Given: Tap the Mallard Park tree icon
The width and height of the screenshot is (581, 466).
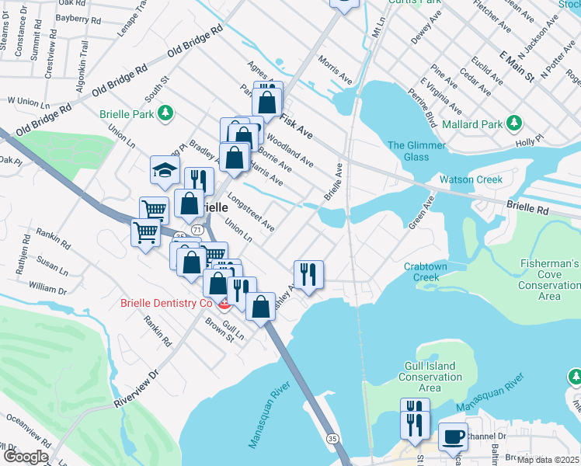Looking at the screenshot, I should point(513,123).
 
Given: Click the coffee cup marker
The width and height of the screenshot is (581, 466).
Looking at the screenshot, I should point(453,436).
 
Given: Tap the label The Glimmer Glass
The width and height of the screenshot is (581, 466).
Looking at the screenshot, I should point(416,151).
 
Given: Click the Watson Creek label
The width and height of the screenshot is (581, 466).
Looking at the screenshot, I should point(471,179).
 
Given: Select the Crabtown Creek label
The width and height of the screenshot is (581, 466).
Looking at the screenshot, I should point(426,272).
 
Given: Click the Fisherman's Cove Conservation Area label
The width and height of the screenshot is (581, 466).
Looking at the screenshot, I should point(550,280).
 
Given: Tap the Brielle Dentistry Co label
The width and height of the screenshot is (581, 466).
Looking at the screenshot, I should point(165,303).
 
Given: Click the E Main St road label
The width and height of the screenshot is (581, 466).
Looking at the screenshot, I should point(517,67).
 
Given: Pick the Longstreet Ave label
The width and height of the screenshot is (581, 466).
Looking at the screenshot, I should point(251,213).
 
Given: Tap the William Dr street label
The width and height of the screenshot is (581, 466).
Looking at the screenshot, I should point(47,289).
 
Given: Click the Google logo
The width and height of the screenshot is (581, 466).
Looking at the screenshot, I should point(26,457).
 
